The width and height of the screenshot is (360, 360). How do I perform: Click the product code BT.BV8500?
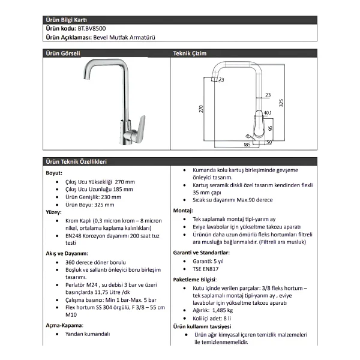[x=92, y=28]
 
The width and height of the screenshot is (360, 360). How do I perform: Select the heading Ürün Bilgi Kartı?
[x=66, y=20]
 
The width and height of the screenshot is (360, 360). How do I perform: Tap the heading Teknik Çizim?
[x=190, y=53]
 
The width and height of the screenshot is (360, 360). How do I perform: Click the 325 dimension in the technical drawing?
[x=281, y=103]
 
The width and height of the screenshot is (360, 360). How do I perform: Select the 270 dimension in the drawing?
[x=201, y=109]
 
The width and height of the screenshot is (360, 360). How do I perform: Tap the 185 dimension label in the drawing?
[x=247, y=145]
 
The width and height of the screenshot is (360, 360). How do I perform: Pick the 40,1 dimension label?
[x=268, y=113]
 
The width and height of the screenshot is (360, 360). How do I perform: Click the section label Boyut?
[x=54, y=173]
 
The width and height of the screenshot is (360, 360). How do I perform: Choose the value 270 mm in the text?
[x=125, y=182]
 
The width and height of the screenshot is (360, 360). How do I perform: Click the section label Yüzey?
[x=54, y=212]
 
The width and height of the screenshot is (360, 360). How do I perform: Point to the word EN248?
[x=73, y=236]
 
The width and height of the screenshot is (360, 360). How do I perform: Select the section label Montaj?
[x=183, y=211]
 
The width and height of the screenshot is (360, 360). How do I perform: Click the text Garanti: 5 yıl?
[x=208, y=261]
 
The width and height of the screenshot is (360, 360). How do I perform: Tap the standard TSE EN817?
[x=206, y=269]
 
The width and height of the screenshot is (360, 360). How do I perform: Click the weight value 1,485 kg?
[x=223, y=310]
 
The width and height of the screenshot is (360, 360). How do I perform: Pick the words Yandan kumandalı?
[x=88, y=334]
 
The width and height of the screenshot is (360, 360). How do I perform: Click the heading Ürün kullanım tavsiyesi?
[x=202, y=326]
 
